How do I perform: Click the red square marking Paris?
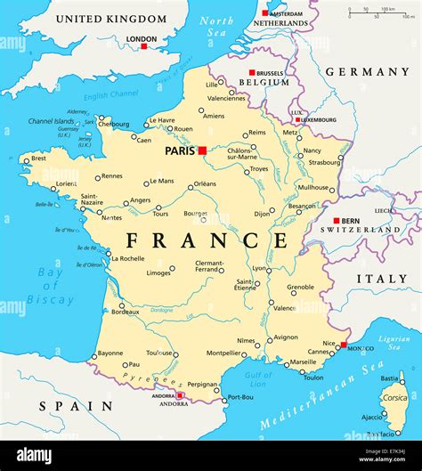click(202, 150)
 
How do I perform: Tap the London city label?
click(142, 39)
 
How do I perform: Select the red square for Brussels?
click(252, 72)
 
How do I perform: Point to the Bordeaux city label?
click(125, 313)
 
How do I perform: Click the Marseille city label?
click(302, 362)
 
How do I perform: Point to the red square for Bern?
click(336, 220)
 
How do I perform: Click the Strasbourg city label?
click(324, 162)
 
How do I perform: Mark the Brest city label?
click(38, 158)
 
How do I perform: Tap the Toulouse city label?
click(159, 353)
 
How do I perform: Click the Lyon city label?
click(259, 268)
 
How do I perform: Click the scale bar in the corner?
click(372, 13)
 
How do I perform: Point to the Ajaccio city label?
click(372, 417)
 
